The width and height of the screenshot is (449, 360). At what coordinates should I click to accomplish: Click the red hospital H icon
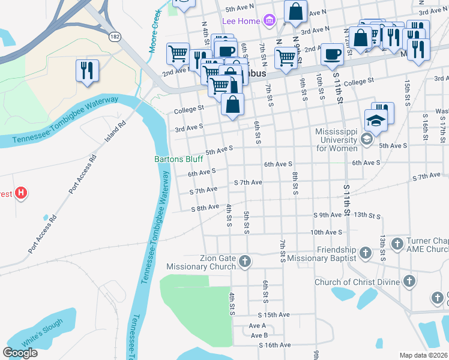pos(21,193)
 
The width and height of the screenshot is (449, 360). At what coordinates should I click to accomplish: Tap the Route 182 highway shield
pos(114,37)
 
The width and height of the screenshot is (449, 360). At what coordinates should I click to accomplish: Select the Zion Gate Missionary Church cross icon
pos(244,261)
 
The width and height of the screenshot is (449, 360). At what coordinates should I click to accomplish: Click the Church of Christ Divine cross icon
pos(409,281)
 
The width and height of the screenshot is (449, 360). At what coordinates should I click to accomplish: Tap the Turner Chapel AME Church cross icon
pos(397,244)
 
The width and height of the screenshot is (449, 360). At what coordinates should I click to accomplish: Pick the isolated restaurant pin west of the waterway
pos(88,70)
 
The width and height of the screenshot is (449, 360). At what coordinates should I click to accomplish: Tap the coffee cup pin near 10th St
pos(331,55)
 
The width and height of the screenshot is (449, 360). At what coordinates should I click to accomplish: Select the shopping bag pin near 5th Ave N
pos(295,11)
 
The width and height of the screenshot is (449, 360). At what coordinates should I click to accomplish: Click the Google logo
pos(20,353)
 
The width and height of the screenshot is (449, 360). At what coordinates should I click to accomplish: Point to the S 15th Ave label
pos(274,314)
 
